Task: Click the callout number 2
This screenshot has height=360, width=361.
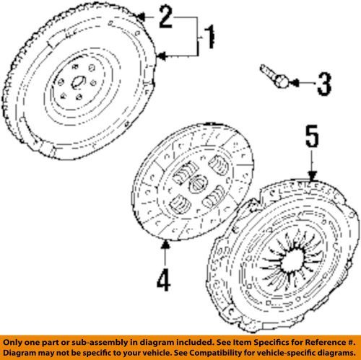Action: coord(165,16)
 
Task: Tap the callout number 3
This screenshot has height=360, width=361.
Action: coord(323,84)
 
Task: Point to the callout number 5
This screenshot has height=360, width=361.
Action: coord(310,139)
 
